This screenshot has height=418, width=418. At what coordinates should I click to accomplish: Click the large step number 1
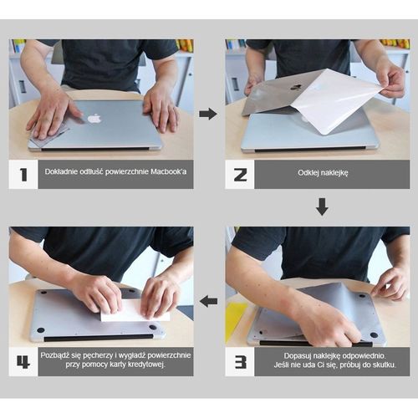click(x=23, y=175)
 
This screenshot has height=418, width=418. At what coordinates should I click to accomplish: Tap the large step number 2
click(x=240, y=175)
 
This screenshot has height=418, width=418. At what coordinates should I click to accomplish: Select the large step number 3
click(x=240, y=362)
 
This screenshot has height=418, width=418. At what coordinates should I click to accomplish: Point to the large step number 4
click(x=23, y=362)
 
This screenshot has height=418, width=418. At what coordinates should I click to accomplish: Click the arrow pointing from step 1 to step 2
click(x=208, y=114)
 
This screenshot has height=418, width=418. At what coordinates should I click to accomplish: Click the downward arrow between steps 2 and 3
click(x=322, y=206)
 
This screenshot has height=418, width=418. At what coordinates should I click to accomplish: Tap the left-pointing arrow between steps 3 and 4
click(x=208, y=301)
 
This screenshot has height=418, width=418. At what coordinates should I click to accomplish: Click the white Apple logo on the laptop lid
click(x=94, y=118)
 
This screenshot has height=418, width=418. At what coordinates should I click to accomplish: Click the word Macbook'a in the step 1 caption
click(x=169, y=171)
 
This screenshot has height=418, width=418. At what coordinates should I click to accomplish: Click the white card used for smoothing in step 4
click(x=135, y=311)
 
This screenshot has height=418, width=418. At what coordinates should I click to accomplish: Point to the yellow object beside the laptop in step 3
click(x=237, y=320)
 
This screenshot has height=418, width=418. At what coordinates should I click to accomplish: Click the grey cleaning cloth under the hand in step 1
click(x=50, y=135)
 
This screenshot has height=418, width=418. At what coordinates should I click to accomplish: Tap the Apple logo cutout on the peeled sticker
click(x=296, y=87)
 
